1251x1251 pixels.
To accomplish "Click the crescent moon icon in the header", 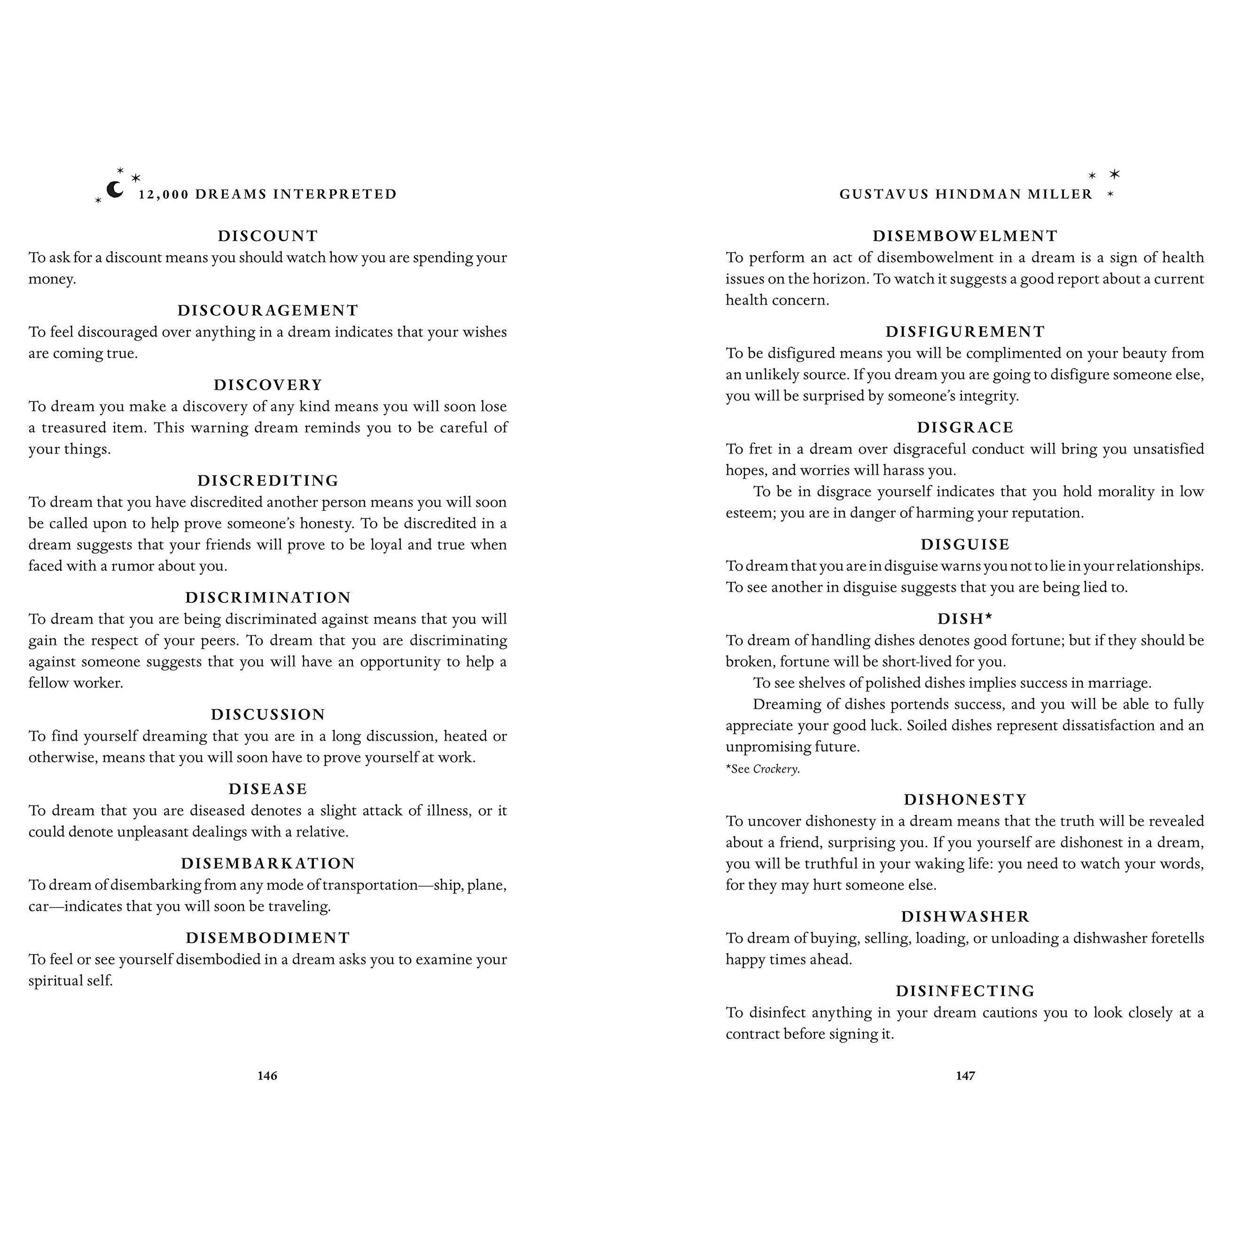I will pos(115,190).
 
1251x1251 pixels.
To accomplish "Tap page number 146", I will pos(267,1076).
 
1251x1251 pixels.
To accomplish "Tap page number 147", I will pos(965,1076).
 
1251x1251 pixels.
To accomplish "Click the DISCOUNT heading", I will pos(268,236).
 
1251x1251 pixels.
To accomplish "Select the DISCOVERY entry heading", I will pos(268,384).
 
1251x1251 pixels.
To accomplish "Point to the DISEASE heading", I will pos(268,789).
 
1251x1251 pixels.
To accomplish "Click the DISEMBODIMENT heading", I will pos(268,938).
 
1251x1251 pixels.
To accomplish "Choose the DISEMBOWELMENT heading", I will pos(965,236).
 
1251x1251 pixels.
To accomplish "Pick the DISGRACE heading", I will pos(965,427).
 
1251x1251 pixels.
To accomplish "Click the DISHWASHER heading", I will pos(965,916).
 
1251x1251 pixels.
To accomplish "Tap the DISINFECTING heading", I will pos(965,991).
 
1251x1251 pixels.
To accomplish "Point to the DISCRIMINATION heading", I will pos(268,597).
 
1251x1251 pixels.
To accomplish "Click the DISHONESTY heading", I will pos(965,799).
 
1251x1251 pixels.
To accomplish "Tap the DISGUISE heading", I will pos(965,544).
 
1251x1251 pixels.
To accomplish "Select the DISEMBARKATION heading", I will pos(268,863).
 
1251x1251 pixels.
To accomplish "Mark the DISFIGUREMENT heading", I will pos(965,331).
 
